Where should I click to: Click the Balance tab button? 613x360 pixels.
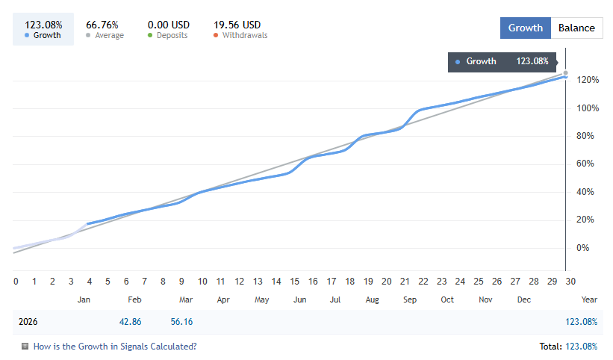(x=577, y=28)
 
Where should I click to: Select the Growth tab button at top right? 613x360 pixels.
(x=525, y=28)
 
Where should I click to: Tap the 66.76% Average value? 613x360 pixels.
(x=102, y=25)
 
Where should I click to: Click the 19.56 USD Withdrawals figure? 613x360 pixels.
(x=237, y=25)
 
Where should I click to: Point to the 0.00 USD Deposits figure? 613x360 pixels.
(x=168, y=25)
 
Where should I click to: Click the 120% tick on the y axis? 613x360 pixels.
(x=588, y=80)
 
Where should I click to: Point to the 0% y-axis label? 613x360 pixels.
(x=582, y=248)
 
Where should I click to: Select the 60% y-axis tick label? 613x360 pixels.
(x=585, y=164)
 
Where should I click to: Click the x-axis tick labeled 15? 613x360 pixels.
(x=295, y=282)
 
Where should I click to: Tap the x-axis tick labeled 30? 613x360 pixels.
(x=570, y=282)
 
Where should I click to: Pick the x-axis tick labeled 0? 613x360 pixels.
(x=16, y=282)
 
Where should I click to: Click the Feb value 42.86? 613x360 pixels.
(x=131, y=322)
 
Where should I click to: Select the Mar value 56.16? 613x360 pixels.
(x=181, y=322)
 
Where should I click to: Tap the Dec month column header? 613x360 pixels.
(x=524, y=300)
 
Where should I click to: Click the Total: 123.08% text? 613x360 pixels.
(x=567, y=347)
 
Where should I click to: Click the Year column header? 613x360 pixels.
(x=589, y=300)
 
